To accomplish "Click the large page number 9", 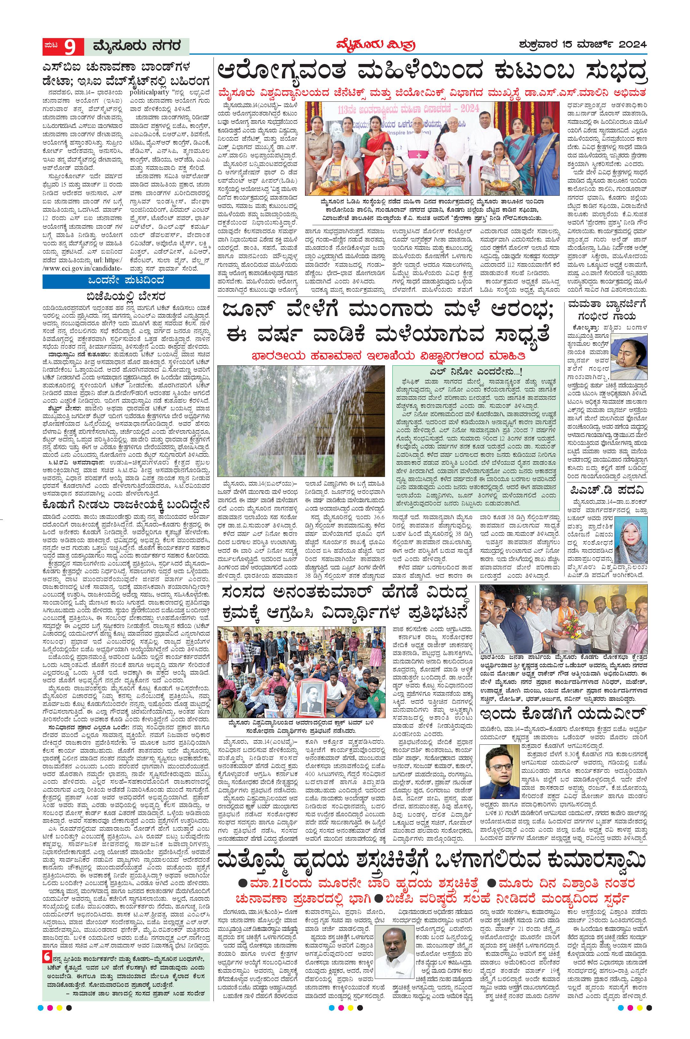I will tap(69, 46).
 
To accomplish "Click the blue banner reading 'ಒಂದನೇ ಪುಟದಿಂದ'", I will tap(126, 281).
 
